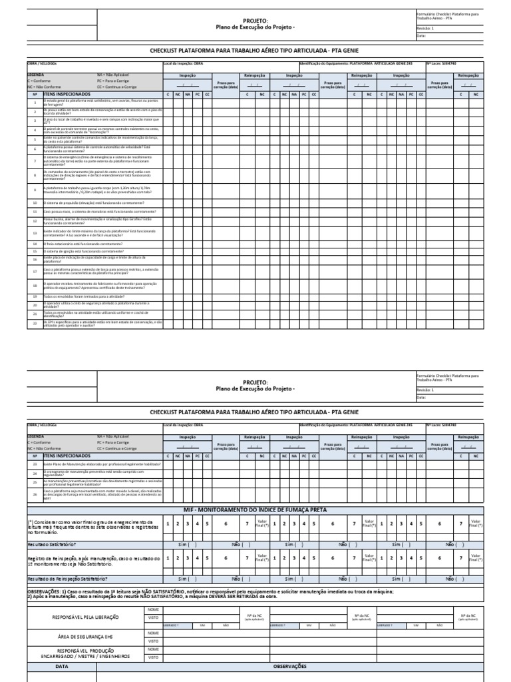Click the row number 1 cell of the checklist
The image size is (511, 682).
(x=35, y=103)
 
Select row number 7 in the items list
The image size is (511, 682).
(x=35, y=161)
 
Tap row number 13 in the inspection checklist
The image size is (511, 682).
(x=35, y=232)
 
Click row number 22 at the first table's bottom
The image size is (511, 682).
(x=35, y=323)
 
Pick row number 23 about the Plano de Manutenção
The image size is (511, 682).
(x=35, y=462)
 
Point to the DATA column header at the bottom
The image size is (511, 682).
(x=62, y=665)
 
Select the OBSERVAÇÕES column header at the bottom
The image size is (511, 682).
(x=289, y=665)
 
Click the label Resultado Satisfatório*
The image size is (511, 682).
(x=51, y=543)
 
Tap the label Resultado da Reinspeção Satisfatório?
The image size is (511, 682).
(x=67, y=579)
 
